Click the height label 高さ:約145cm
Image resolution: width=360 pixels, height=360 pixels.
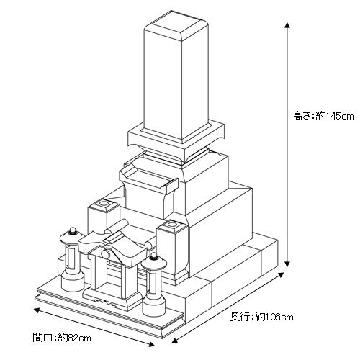(x=323, y=116)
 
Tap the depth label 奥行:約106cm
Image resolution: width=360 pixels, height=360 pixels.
(x=261, y=317)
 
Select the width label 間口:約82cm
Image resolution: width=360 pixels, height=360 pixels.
(x=62, y=338)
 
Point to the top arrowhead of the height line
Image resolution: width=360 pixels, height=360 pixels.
(x=287, y=25)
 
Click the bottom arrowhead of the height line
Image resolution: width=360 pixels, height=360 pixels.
(x=287, y=264)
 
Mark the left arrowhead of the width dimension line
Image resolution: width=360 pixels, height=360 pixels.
(x=37, y=310)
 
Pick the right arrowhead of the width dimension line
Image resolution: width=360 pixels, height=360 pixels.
(x=151, y=344)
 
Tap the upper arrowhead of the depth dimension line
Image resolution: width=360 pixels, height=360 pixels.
(x=281, y=275)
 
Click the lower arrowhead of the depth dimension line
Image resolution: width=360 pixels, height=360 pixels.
(x=175, y=340)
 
